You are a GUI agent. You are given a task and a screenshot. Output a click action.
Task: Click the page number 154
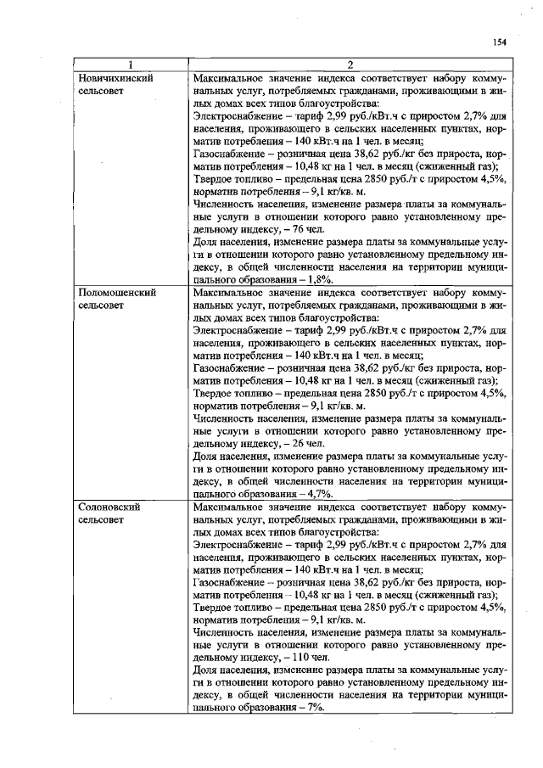click(498, 42)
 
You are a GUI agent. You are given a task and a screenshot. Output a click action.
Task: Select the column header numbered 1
click(130, 64)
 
